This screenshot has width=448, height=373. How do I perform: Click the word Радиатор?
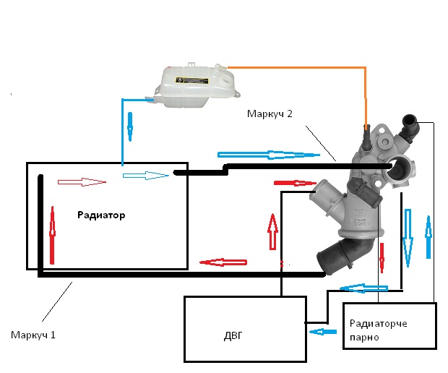coord(101,215)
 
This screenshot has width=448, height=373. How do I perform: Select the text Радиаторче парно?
coord(378,330)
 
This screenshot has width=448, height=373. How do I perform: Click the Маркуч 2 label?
coord(271,113)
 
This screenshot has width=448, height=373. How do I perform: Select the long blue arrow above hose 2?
coord(268,155)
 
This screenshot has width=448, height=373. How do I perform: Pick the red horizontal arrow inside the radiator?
coord(81,181)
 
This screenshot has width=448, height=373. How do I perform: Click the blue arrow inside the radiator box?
coord(146,175)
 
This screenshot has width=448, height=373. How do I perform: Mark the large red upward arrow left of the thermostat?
coord(272,231)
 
